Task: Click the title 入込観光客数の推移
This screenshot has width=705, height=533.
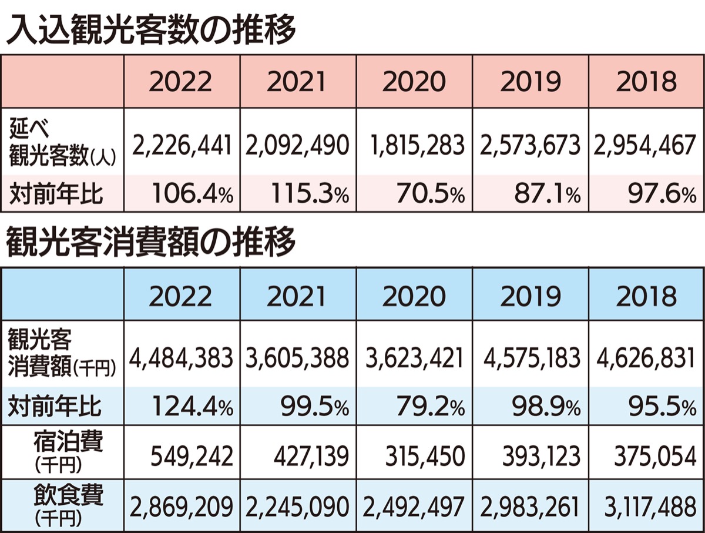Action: (x=150, y=30)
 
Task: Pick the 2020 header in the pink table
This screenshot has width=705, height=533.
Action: (x=414, y=82)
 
